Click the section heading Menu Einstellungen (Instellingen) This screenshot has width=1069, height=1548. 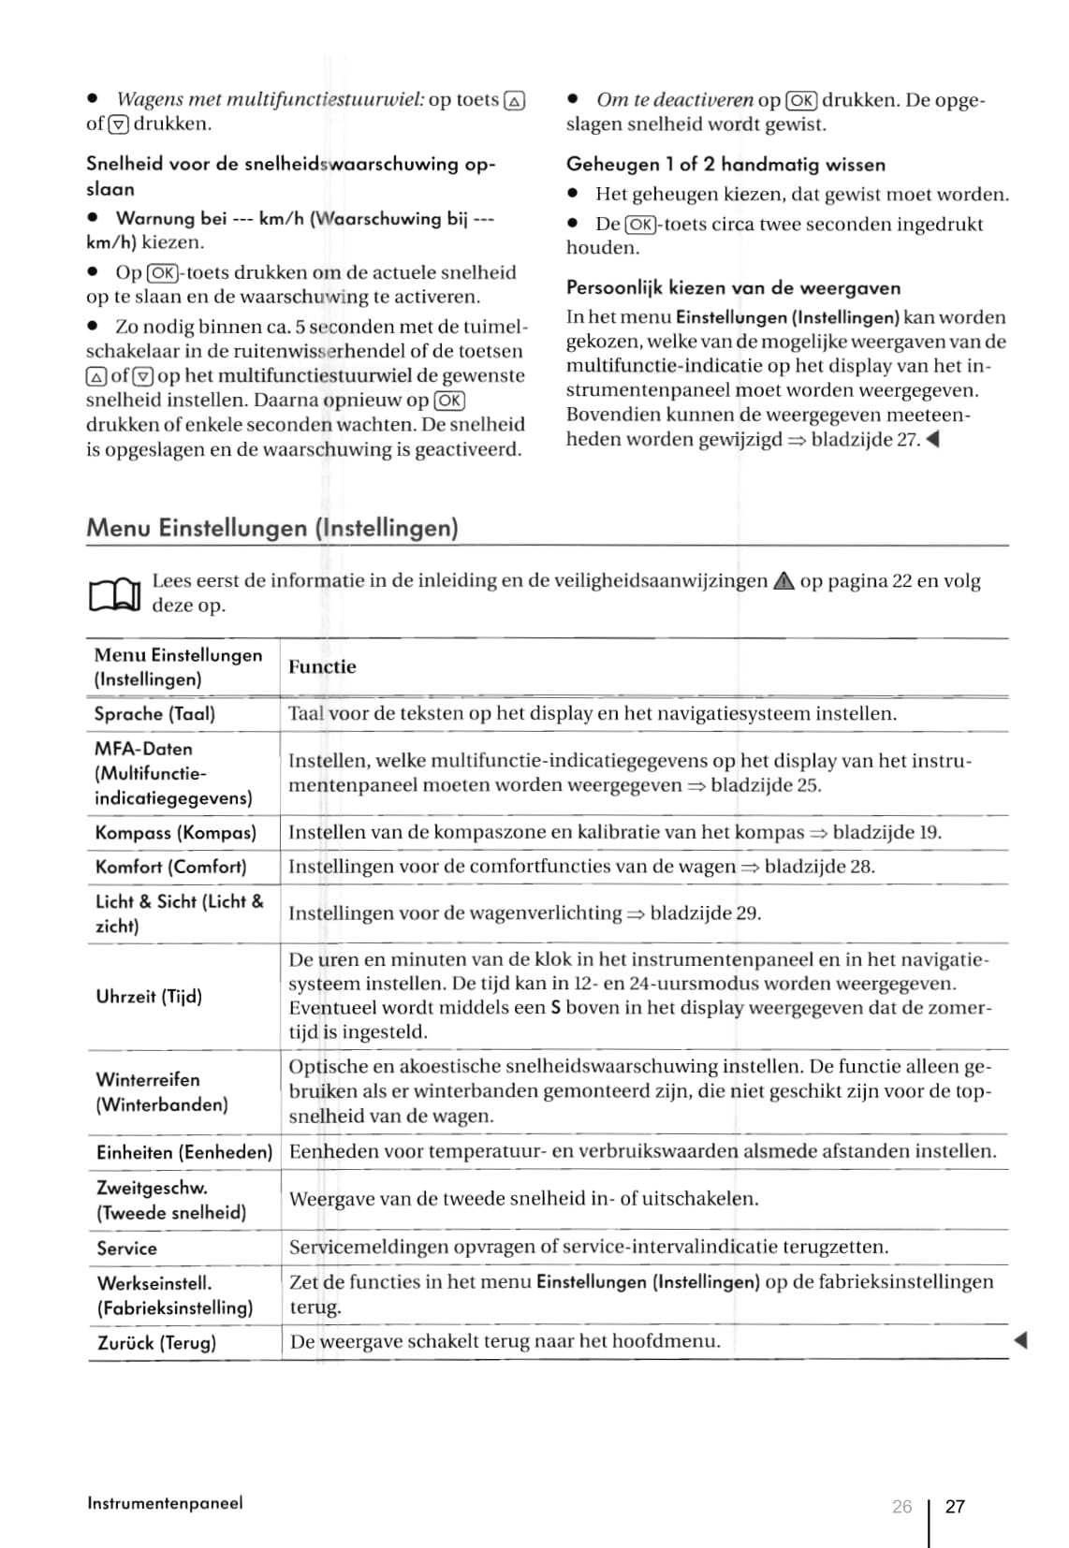(271, 528)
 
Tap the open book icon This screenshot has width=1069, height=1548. (114, 593)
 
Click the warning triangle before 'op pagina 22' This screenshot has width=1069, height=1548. (783, 581)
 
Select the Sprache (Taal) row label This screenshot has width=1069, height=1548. (154, 714)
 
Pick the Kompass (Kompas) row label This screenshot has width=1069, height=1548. (175, 833)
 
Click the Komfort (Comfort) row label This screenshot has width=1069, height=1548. (170, 867)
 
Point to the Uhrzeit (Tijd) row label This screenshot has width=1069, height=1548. (149, 996)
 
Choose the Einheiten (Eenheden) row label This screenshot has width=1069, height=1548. (183, 1152)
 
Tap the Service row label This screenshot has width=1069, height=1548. (126, 1248)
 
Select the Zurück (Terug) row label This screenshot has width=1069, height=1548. (156, 1343)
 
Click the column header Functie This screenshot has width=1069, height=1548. (322, 666)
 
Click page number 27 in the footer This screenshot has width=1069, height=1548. (955, 1506)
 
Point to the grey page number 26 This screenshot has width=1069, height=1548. (901, 1506)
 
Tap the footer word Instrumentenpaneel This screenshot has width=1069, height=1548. (165, 1503)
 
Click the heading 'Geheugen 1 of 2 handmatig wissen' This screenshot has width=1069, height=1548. (725, 165)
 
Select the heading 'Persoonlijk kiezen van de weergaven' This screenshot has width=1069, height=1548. (733, 288)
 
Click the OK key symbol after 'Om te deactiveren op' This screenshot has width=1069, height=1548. (801, 100)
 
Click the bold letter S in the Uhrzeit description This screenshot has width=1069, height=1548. (555, 1008)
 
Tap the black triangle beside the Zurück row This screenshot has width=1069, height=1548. (1021, 1341)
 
